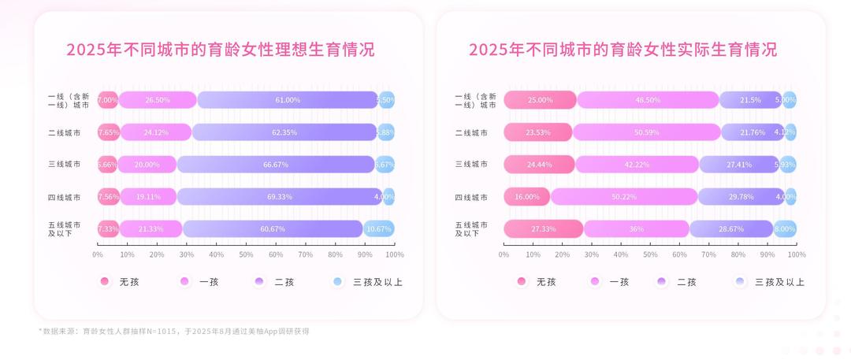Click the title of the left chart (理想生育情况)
pos(220,50)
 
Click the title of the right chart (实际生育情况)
pos(622,50)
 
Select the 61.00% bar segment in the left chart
pos(288,100)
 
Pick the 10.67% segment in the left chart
pos(379,228)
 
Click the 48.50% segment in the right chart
pos(648,100)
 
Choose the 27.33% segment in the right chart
pos(543,228)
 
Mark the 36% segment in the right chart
pos(637,228)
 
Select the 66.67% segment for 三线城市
pos(276,165)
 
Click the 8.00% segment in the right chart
pos(785,228)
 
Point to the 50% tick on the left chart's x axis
pos(246,254)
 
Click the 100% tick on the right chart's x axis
pos(797,254)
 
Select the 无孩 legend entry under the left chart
pos(119,281)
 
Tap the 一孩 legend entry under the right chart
pos(610,281)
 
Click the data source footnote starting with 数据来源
pos(173,332)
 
